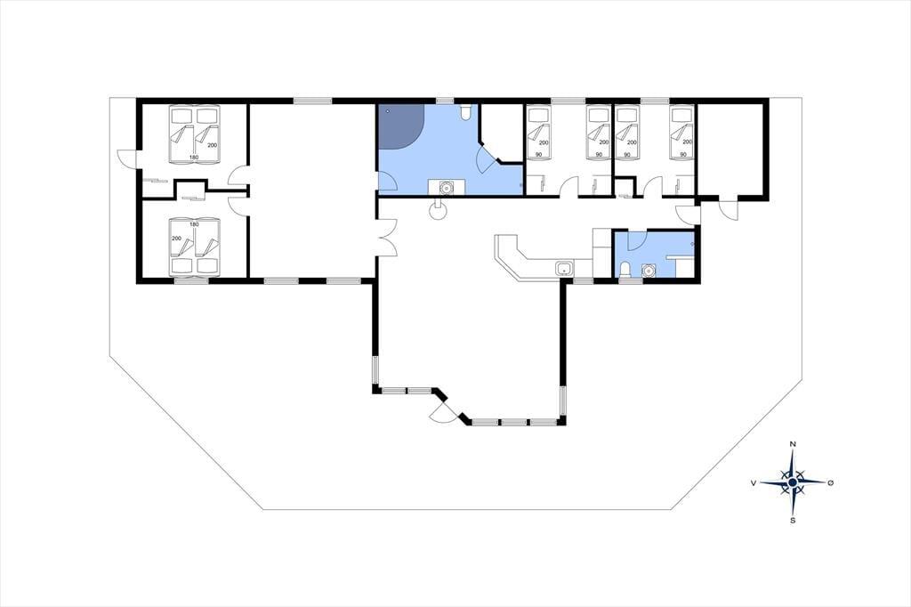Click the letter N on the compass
[x=793, y=444]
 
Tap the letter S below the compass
[x=793, y=521]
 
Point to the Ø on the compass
[x=830, y=482]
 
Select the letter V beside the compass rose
[x=754, y=482]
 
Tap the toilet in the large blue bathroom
[x=465, y=113]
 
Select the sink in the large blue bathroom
[x=447, y=187]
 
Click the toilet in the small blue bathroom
[x=625, y=270]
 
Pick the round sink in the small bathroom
[x=648, y=271]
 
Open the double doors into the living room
[x=387, y=238]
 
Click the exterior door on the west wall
[x=127, y=158]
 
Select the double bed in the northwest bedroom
[x=194, y=134]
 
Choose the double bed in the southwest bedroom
[x=194, y=246]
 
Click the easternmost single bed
[x=681, y=133]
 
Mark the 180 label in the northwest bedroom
[x=194, y=158]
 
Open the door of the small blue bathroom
[x=637, y=240]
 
